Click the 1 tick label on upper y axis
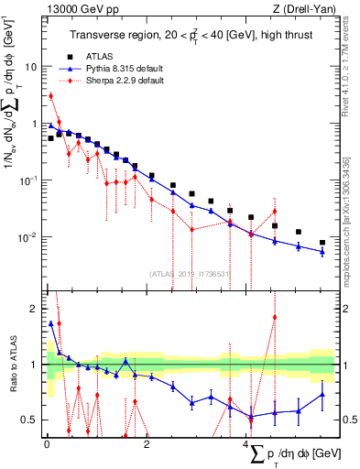click(34, 124)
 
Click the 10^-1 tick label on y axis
click(29, 180)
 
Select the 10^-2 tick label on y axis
click(29, 236)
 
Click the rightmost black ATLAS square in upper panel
click(322, 243)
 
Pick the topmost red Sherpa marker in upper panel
click(51, 95)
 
